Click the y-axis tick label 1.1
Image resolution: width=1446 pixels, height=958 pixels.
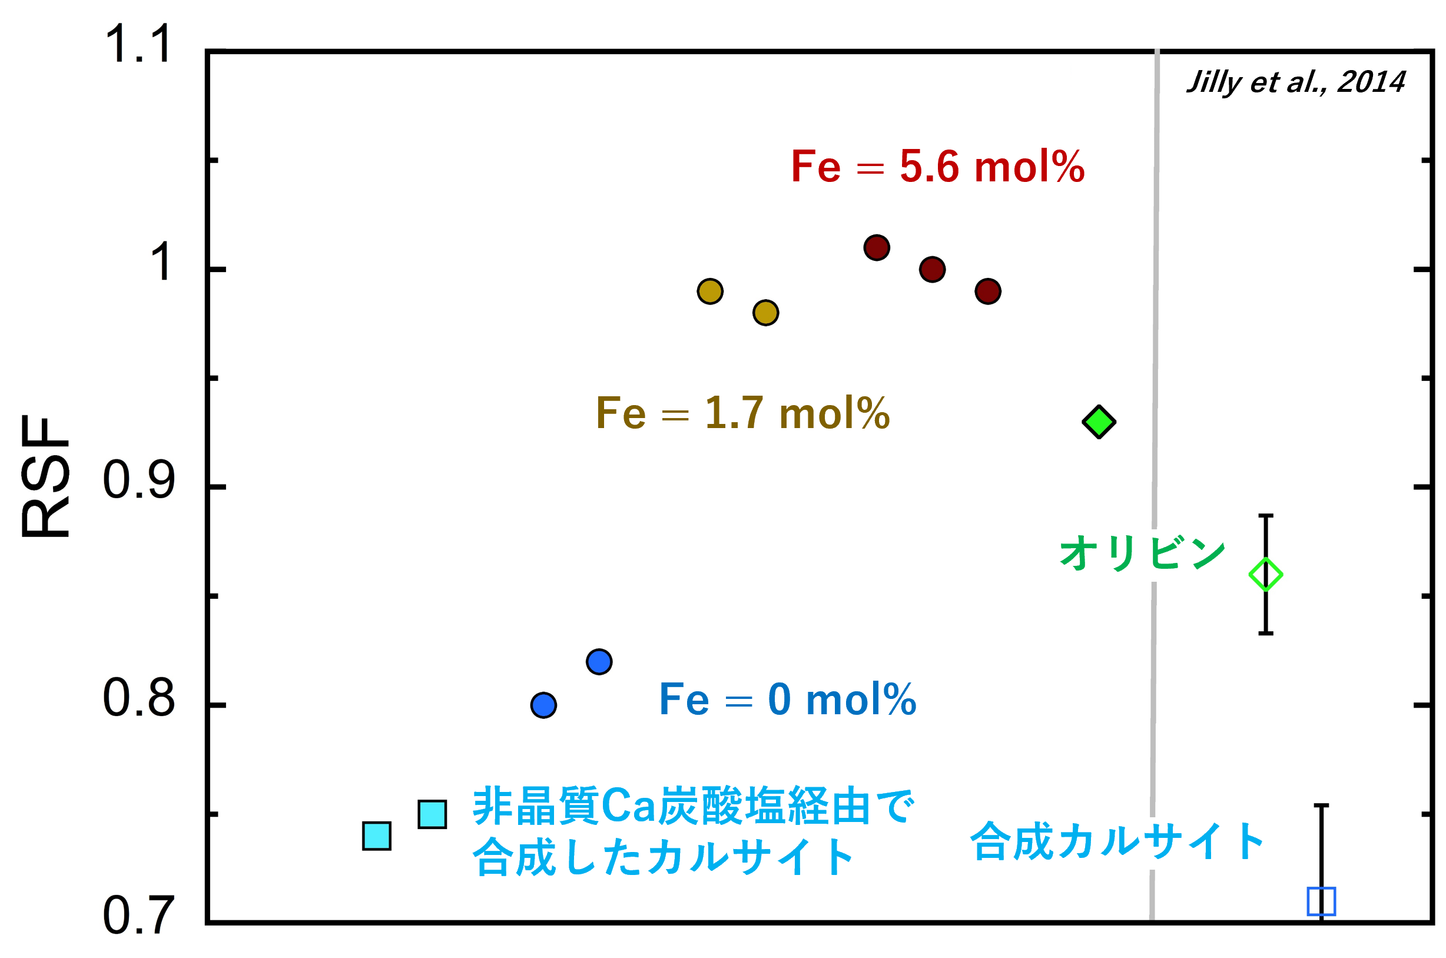[138, 44]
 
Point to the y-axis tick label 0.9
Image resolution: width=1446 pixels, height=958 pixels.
[140, 480]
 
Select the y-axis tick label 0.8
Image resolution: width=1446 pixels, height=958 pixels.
[140, 698]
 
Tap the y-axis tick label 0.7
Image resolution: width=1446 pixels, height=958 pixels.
[140, 916]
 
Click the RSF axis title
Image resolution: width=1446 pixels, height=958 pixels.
[45, 476]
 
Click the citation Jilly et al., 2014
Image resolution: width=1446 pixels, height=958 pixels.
[1295, 82]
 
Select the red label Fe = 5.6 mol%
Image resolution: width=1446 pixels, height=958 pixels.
[938, 166]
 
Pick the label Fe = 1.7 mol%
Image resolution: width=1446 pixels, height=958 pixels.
[743, 413]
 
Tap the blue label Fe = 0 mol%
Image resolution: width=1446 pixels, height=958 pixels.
[788, 699]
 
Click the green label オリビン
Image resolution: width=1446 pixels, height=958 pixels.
[1142, 552]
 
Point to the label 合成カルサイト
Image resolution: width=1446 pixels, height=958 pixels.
[1117, 841]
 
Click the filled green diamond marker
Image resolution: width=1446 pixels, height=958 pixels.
[1099, 422]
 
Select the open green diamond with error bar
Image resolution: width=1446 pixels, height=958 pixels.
[1266, 575]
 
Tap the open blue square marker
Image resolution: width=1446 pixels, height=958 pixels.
[1321, 902]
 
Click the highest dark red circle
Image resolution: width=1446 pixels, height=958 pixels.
[877, 247]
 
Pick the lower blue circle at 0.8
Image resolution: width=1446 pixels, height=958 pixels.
[543, 705]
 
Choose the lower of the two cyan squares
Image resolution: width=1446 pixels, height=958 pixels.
[377, 836]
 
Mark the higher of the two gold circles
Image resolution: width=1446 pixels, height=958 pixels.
[711, 291]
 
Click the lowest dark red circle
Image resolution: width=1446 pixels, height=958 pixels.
[988, 291]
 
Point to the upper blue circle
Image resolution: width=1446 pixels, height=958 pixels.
[599, 662]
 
